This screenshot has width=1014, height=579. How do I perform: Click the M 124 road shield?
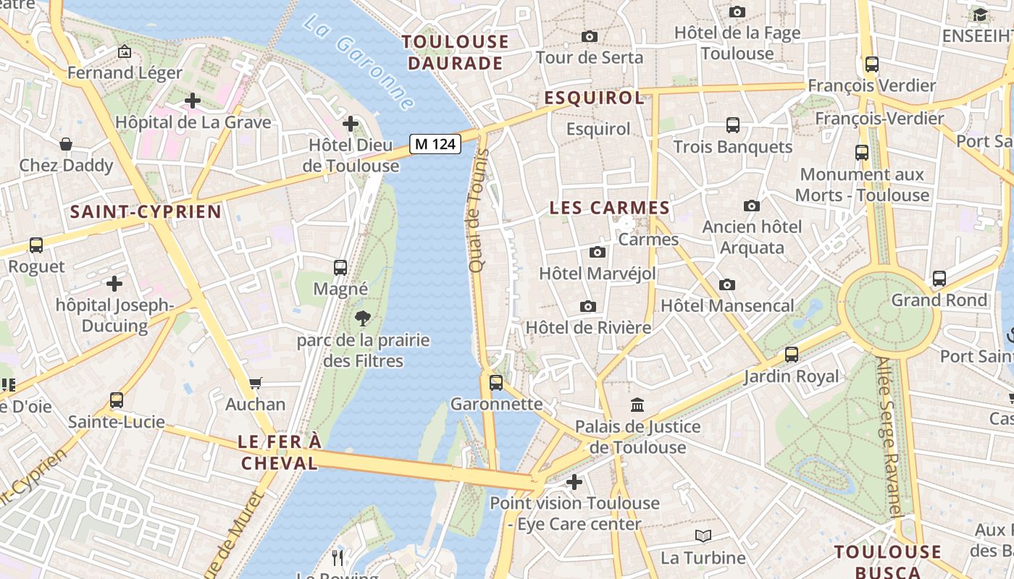435,144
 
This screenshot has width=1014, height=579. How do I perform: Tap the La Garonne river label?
359,63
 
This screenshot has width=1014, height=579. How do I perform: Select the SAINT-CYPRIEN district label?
146,211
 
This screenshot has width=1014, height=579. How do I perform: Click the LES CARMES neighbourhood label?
610,208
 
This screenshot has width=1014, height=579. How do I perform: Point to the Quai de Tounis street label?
479,211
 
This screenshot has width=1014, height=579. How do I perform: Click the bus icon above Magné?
340,267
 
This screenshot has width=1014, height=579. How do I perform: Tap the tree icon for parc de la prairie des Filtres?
362,318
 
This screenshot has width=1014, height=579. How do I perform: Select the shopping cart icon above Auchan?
255,383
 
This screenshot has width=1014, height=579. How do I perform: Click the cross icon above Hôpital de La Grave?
193,101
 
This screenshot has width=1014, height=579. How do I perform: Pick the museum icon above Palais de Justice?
637,405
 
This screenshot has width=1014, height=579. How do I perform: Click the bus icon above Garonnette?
496,382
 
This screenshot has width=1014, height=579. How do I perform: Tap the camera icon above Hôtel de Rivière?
588,306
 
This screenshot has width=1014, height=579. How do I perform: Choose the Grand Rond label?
939,300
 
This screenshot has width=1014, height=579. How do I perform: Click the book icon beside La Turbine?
703,536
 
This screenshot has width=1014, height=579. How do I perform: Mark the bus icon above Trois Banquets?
733,125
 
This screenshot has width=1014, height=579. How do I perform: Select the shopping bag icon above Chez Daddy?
66,144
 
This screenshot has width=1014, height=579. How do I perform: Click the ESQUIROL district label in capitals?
594,98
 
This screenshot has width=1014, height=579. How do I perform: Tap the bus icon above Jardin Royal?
792,355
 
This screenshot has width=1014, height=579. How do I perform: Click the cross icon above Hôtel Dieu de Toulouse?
351,124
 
